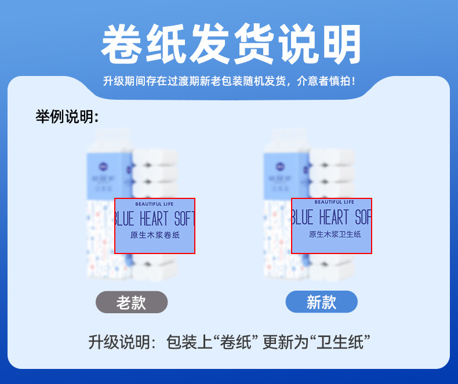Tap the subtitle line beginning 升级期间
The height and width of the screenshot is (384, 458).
point(229,81)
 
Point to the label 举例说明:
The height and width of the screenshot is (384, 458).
point(67,117)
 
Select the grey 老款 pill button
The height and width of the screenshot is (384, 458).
point(132,302)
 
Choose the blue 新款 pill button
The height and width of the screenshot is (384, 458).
point(321,302)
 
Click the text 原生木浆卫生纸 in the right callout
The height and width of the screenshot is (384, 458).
point(335,234)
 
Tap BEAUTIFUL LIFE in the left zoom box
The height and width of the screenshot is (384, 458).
point(154,204)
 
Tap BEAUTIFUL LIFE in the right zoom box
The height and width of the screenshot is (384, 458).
point(334,202)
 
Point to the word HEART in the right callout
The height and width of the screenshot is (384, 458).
point(334,218)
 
